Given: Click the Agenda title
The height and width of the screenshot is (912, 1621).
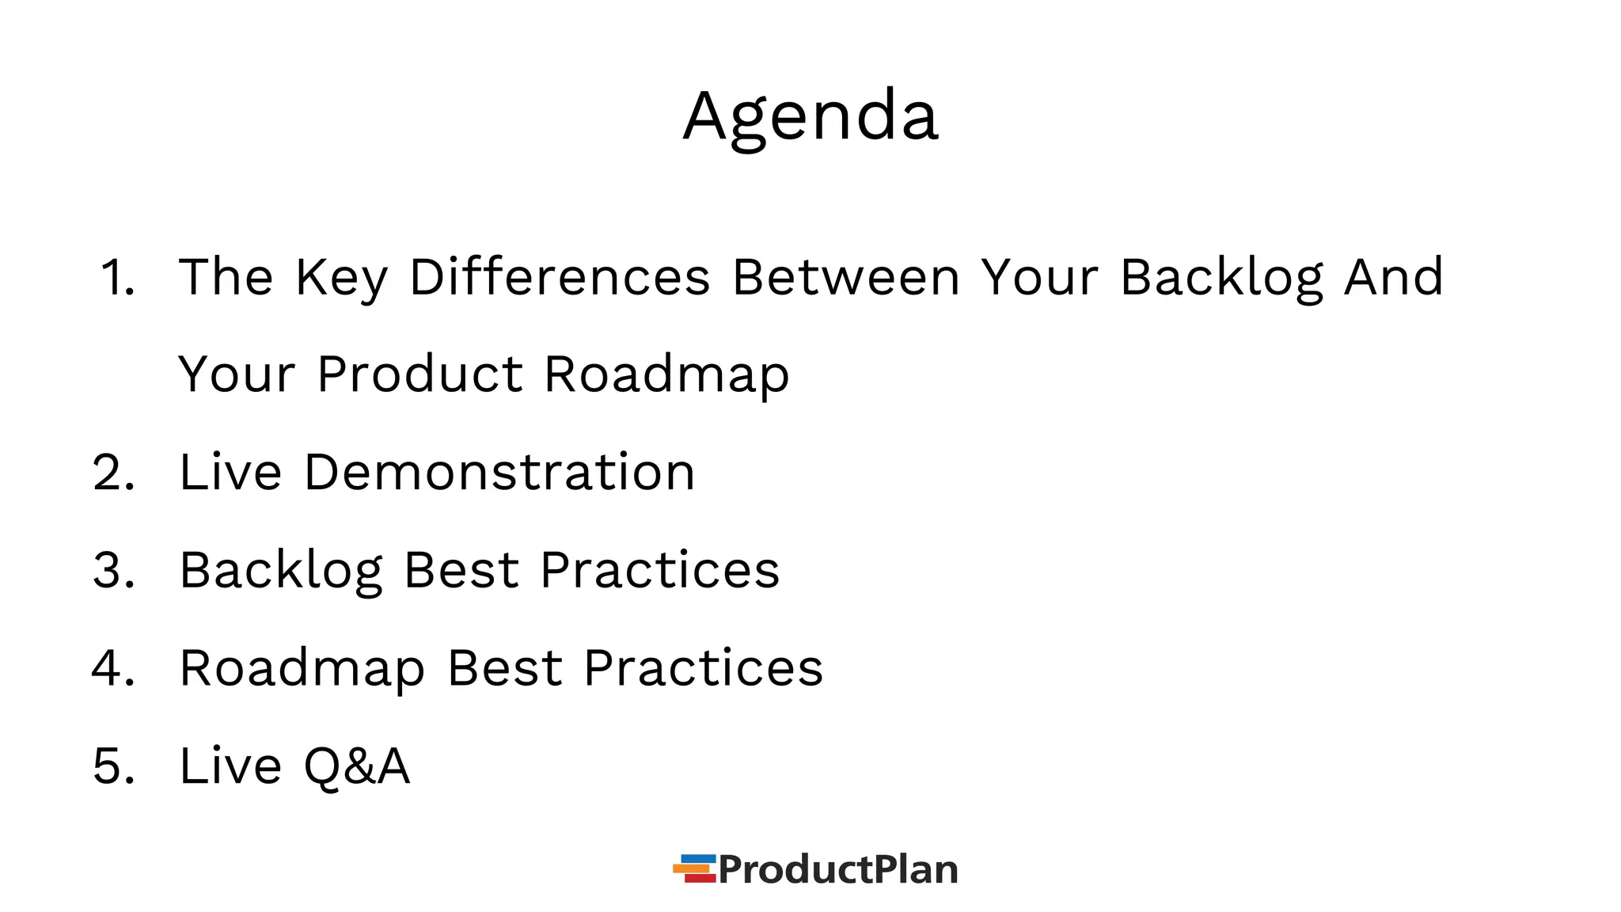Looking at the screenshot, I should point(810,117).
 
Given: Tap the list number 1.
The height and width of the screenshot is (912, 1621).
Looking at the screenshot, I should point(117,278).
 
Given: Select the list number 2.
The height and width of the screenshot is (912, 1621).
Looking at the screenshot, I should point(113,473).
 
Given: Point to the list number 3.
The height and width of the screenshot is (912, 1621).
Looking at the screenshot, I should point(113,571).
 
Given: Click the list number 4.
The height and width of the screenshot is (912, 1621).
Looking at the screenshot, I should point(113,669).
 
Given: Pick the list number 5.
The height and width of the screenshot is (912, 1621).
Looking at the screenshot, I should point(113,767).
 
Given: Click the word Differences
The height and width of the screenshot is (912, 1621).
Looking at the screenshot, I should point(559,278).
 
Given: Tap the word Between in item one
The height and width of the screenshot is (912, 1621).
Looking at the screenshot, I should point(845,278).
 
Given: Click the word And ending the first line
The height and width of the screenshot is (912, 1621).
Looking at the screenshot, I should point(1394,278).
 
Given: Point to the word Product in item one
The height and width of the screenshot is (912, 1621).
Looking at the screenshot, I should point(419,374).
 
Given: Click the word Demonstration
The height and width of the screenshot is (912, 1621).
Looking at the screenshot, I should point(499,473).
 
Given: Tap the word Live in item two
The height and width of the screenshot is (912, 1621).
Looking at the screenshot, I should point(230,473).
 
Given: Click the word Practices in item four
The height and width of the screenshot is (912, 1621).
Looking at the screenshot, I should point(703,669).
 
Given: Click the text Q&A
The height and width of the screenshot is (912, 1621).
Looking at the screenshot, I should point(356,767).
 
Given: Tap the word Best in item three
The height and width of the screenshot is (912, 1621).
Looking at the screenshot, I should point(461,571).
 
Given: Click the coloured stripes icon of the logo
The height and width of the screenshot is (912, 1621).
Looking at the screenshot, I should point(695,868).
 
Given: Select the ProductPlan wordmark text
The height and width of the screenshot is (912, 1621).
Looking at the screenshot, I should point(837,869).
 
